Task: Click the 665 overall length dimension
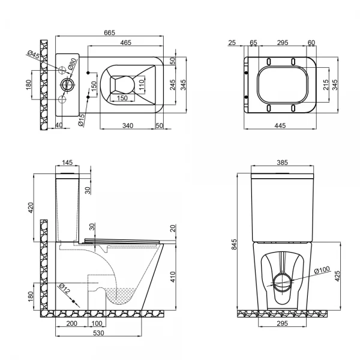pyautogui.click(x=109, y=32)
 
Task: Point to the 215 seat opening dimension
pyautogui.click(x=326, y=85)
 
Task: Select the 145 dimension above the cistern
pyautogui.click(x=67, y=162)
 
